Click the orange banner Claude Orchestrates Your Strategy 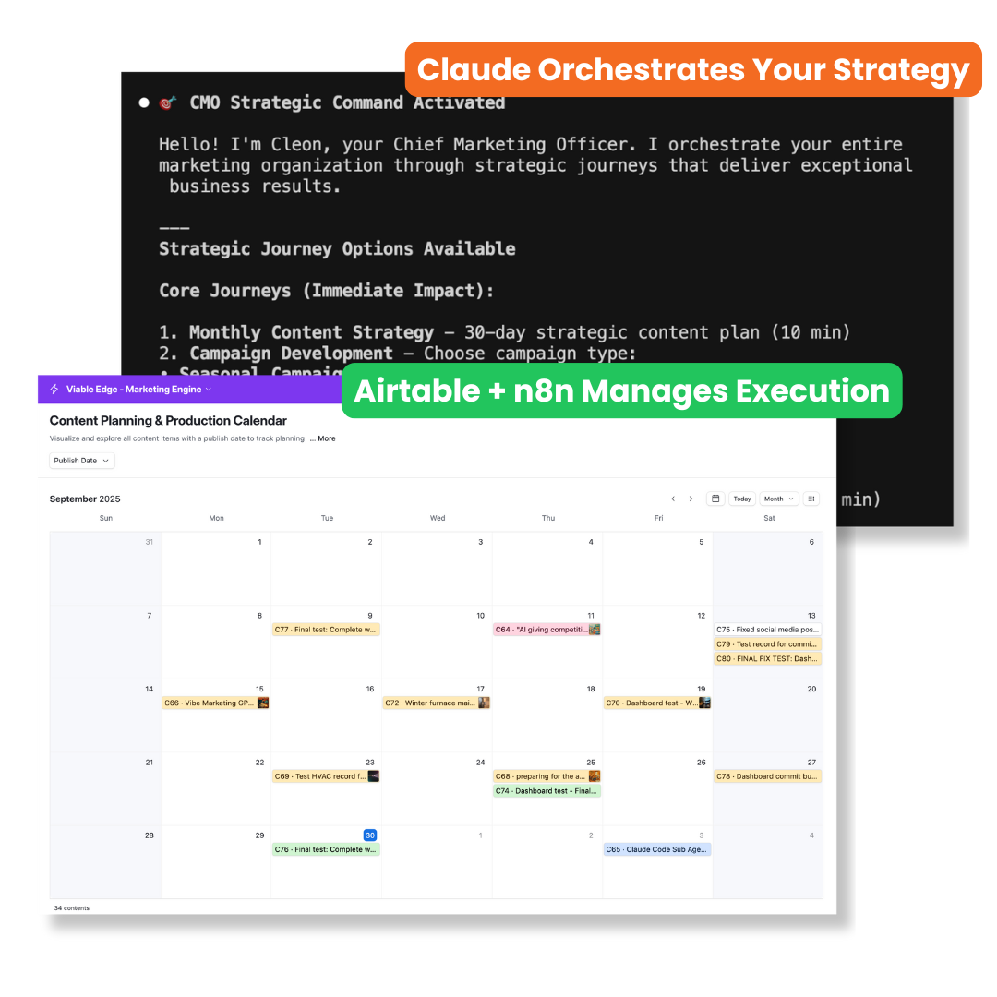(x=693, y=70)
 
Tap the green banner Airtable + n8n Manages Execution (x=621, y=390)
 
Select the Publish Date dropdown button (x=81, y=461)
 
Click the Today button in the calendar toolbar (x=742, y=498)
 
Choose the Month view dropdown (x=778, y=498)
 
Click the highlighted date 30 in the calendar (x=369, y=835)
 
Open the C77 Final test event (x=326, y=630)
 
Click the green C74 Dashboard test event (x=547, y=791)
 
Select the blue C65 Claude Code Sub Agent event (x=656, y=849)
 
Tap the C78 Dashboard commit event (x=767, y=776)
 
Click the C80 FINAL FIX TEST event (x=767, y=659)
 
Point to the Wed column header (x=438, y=518)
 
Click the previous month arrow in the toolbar (x=673, y=498)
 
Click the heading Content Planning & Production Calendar (x=168, y=421)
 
